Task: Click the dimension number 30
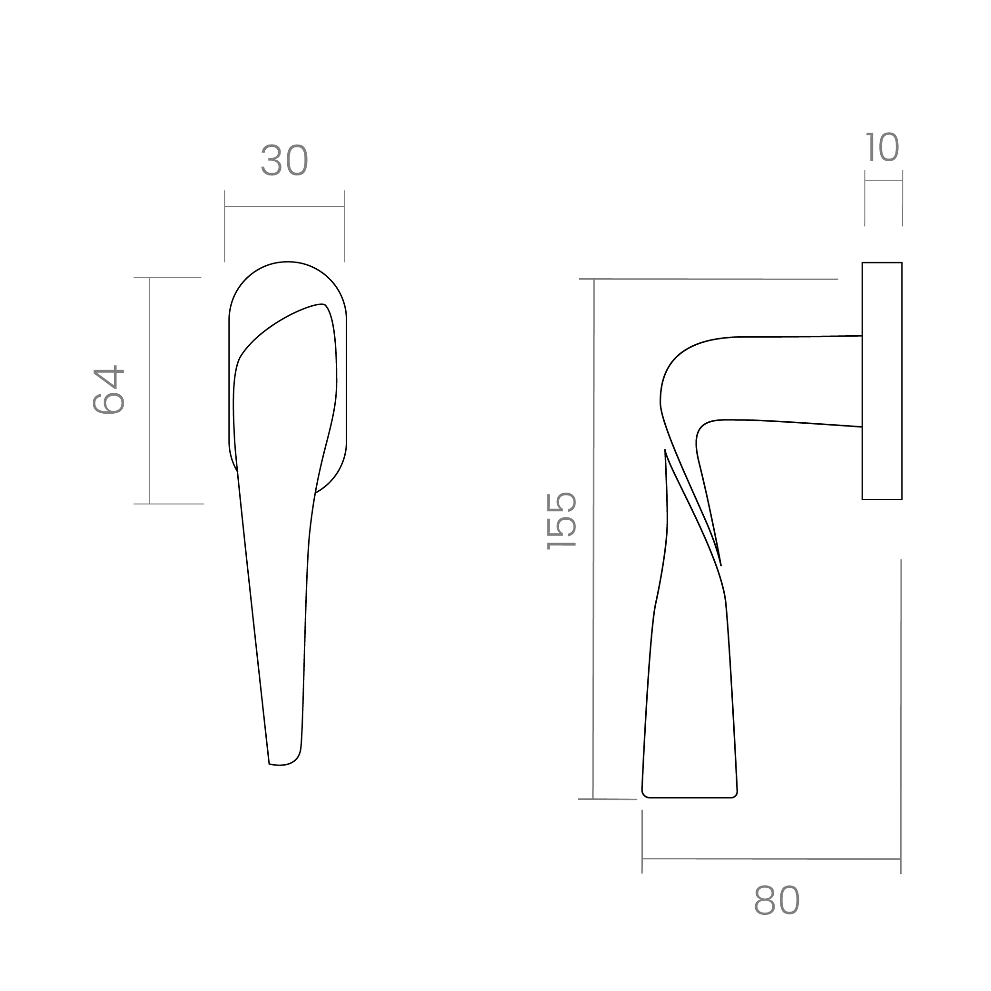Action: click(x=285, y=160)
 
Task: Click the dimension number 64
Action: click(x=109, y=390)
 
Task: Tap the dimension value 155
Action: click(x=562, y=521)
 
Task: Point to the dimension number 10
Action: click(x=882, y=147)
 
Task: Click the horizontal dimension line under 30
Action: click(x=284, y=206)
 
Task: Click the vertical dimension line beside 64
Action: click(x=149, y=391)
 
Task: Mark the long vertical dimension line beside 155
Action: click(x=593, y=539)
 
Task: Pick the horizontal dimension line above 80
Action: click(x=771, y=859)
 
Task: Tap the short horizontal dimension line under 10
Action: click(x=883, y=181)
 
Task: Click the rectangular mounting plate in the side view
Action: click(x=882, y=381)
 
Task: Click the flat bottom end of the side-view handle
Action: click(x=690, y=797)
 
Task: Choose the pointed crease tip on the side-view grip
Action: click(x=721, y=566)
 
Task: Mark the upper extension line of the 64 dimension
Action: click(x=167, y=278)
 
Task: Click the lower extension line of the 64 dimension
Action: click(x=169, y=504)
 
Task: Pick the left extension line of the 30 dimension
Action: click(x=224, y=226)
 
